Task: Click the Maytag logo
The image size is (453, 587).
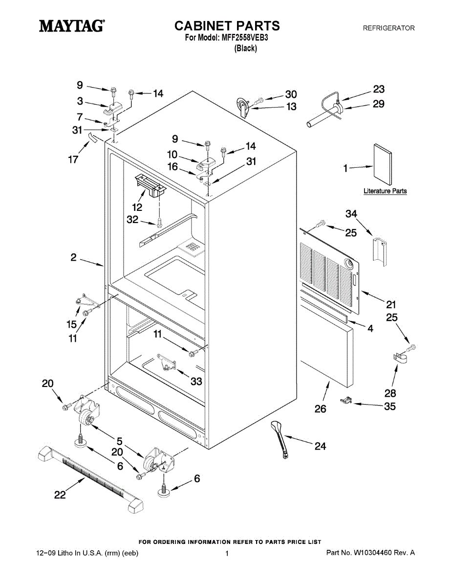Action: click(x=71, y=25)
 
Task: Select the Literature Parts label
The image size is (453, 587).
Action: click(x=385, y=191)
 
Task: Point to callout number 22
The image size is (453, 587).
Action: click(x=60, y=495)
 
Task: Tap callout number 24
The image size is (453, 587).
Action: click(x=320, y=446)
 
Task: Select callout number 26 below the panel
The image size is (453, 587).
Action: click(x=320, y=409)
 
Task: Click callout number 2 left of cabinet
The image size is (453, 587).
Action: click(x=73, y=258)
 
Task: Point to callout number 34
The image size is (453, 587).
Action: click(x=351, y=213)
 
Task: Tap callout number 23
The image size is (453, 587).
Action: click(x=379, y=89)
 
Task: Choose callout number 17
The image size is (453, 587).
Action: click(x=73, y=160)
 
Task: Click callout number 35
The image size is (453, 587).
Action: click(x=389, y=406)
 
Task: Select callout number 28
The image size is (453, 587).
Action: click(x=390, y=393)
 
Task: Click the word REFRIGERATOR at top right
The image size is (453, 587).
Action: click(x=388, y=28)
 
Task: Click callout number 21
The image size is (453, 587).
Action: click(x=391, y=304)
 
